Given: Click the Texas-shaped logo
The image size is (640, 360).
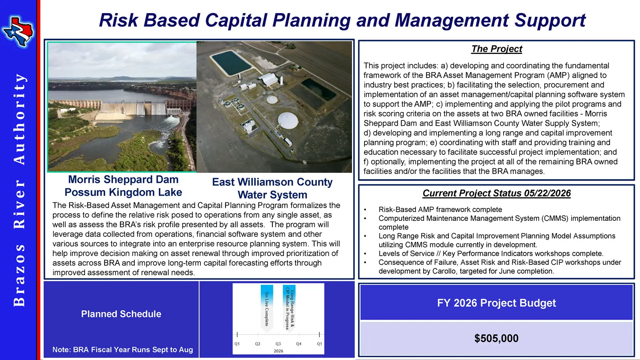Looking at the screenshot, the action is pos(18,31).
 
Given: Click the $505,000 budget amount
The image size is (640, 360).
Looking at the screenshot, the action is pos(496,338).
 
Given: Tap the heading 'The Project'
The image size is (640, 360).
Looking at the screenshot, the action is pos(496,49).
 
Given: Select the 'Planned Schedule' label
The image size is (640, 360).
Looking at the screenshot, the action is pos(121,314).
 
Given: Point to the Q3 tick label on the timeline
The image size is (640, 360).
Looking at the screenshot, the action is pos(278,344).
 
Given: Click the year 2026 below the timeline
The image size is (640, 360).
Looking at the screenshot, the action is pos(278,351).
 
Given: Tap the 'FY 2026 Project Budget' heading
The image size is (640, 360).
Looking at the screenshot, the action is pos(496,303).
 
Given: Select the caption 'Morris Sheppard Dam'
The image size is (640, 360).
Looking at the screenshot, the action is pos(123,180).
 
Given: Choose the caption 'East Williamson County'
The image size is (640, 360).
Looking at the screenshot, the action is pos(272,182).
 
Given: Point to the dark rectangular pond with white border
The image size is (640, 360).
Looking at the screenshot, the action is pos(232,63).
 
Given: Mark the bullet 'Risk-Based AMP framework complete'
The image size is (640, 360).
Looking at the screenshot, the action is pos(440,210).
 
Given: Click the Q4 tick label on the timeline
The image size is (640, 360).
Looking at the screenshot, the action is pos(298,344).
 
